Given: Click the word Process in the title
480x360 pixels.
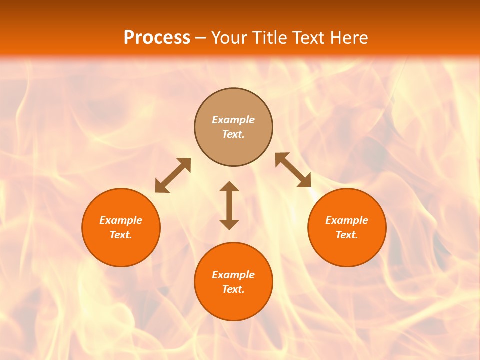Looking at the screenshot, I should (x=157, y=38).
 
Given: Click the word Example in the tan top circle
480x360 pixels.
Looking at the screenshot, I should (x=233, y=120).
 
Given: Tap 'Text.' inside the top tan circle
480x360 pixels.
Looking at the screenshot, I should (x=233, y=134).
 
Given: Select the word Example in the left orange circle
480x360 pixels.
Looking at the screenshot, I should (x=121, y=220).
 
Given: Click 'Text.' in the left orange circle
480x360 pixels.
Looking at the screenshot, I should (x=121, y=235).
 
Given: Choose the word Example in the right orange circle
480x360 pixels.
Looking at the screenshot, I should (x=347, y=220).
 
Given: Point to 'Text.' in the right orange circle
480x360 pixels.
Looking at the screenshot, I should (x=347, y=235).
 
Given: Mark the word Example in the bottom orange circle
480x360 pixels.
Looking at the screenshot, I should (x=233, y=275).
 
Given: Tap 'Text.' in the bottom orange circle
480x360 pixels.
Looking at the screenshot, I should (x=233, y=289).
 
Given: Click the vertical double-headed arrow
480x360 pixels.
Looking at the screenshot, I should (x=229, y=205).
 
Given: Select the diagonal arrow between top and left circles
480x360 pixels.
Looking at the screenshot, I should (x=173, y=175).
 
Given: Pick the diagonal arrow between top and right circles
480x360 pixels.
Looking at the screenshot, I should (x=293, y=170).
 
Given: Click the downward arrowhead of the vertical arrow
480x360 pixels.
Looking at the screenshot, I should (x=229, y=224).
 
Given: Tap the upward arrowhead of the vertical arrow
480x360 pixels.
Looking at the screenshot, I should (x=229, y=187).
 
